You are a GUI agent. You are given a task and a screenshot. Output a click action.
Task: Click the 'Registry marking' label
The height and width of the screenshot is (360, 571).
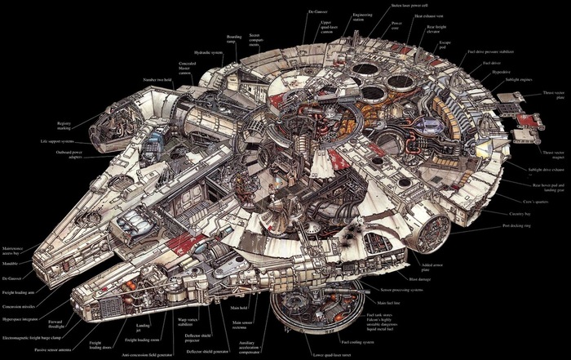click(x=69, y=126)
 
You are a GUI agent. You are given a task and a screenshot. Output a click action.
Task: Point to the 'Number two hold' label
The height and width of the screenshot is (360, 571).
click(x=157, y=80)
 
